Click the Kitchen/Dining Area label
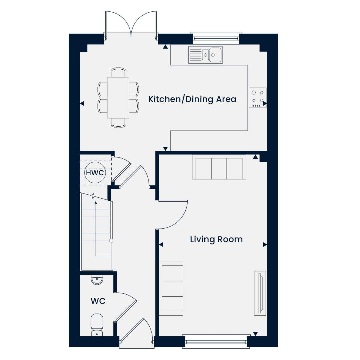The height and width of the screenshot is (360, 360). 192,99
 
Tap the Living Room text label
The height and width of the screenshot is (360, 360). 216,239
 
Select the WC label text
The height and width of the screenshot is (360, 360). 98,301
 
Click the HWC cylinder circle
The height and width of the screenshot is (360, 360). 95,173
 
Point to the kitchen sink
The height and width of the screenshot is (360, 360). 205,55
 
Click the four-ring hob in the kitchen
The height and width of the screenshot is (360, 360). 258,97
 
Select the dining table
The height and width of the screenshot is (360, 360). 118,97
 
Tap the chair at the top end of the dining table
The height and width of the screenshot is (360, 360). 118,72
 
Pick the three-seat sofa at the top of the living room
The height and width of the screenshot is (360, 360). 219,168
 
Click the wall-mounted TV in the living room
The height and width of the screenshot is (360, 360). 260,293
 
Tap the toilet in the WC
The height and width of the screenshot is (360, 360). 97,324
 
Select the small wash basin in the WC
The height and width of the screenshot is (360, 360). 97,280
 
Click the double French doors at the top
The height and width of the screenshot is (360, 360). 131,24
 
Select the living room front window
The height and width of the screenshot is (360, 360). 216,341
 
